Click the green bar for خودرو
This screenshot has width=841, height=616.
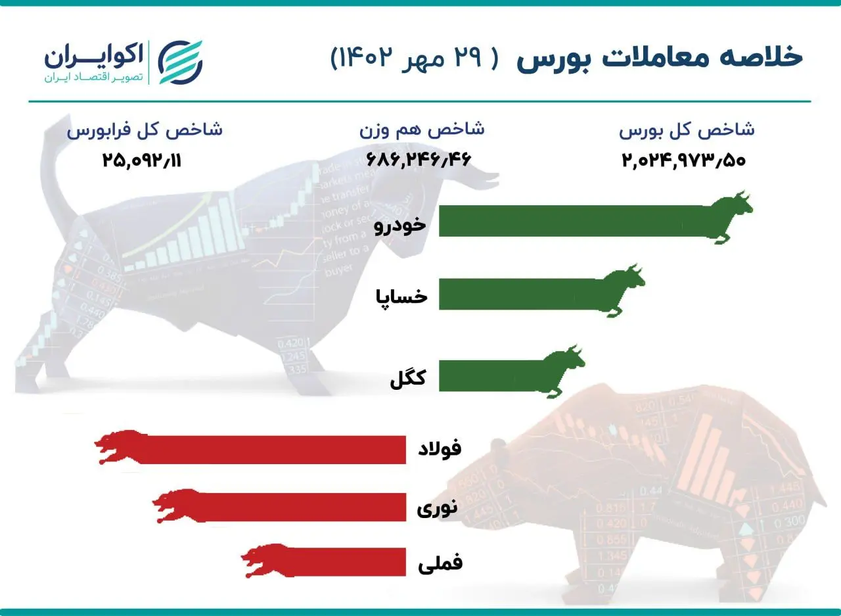(572, 221)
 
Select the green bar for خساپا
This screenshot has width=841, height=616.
(519, 293)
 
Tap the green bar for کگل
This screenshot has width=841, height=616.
(489, 376)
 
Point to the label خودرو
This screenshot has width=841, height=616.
(400, 225)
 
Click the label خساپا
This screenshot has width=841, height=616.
(401, 296)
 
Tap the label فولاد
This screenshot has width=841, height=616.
(440, 449)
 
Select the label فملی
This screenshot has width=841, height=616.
(440, 563)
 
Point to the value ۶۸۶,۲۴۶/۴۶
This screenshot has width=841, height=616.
(415, 159)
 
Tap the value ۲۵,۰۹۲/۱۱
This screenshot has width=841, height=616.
(141, 159)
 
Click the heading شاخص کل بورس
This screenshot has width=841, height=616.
(687, 129)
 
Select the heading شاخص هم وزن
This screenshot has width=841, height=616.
(422, 129)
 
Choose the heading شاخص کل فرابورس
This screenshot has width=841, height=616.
(145, 129)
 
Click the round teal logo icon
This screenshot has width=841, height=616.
(181, 62)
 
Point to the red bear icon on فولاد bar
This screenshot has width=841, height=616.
(118, 447)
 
